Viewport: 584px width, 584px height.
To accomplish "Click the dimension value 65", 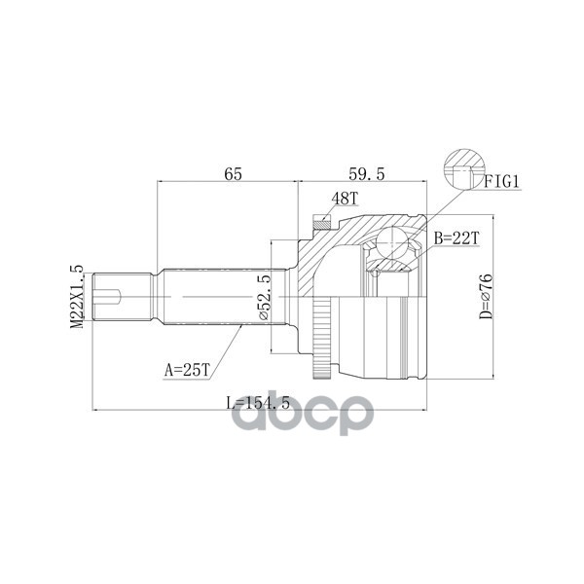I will [x=233, y=174].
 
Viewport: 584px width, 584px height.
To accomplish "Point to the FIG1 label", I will [x=505, y=181].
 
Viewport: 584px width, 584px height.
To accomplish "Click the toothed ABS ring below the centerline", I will [x=323, y=342].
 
